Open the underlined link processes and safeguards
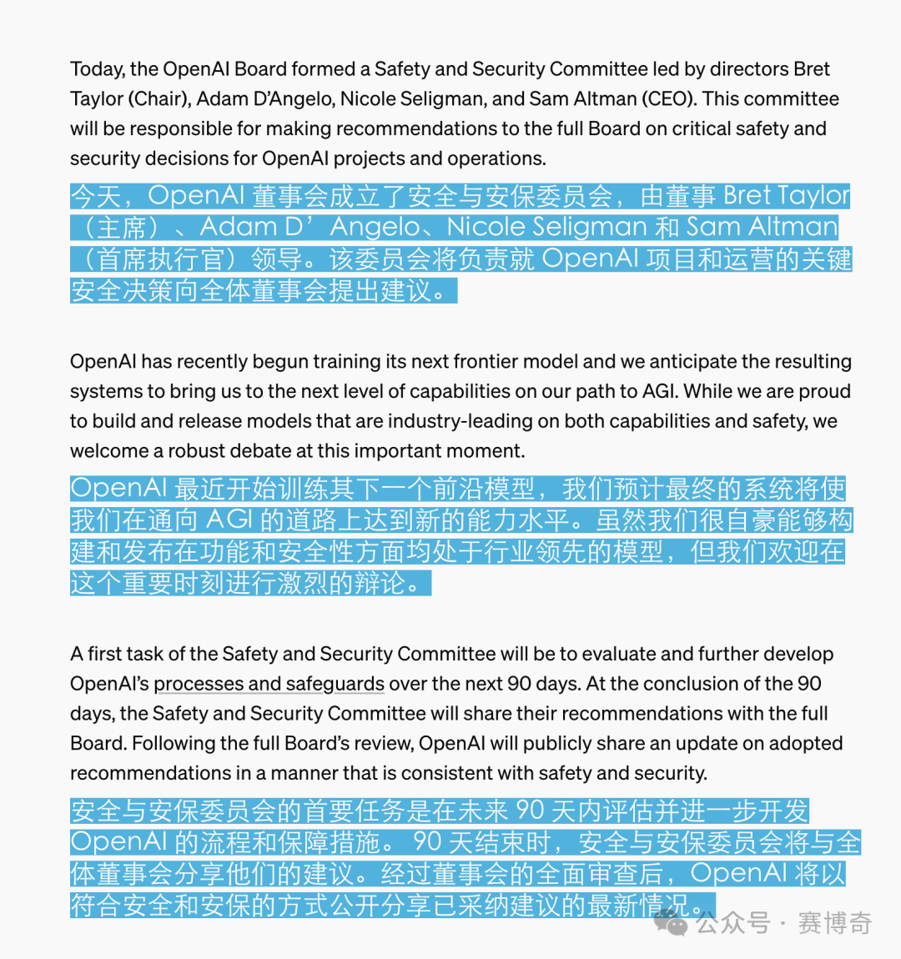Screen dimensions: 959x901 [269, 684]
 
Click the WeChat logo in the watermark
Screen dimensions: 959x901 [672, 922]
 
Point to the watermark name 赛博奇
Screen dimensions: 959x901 [835, 923]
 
